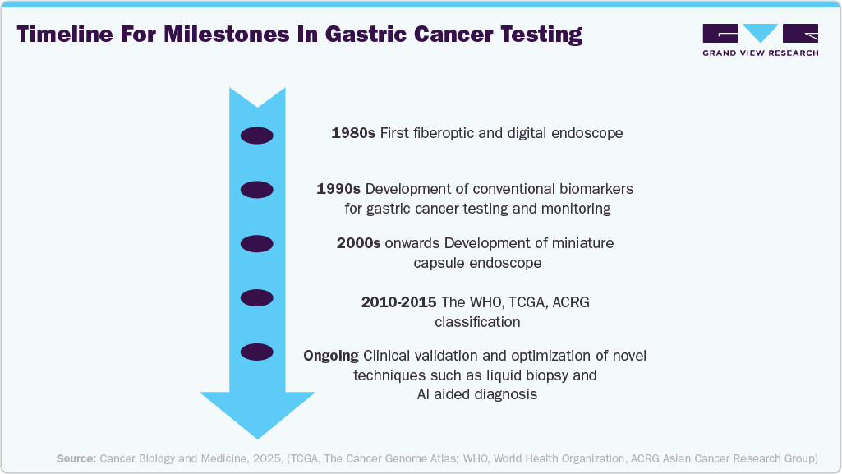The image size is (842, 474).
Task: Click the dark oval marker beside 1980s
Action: pos(256,136)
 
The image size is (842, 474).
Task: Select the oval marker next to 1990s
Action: pos(256,189)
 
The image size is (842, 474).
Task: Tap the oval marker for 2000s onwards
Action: pos(256,244)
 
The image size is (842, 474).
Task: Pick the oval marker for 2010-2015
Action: pos(256,297)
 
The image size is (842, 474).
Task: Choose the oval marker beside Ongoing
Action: pos(256,352)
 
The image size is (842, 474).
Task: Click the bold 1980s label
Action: pos(353,132)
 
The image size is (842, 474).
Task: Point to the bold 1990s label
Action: pos(338,189)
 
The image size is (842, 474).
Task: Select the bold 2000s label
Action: pos(358,244)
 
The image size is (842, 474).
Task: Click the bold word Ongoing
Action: pos(331,356)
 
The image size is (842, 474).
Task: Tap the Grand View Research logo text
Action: pos(760,53)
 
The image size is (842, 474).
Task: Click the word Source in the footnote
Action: pos(76,458)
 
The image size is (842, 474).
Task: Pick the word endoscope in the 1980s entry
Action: pos(590,132)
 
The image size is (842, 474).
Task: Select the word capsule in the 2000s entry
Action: pos(439,263)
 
